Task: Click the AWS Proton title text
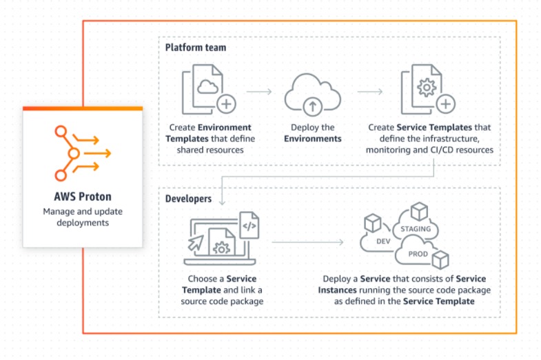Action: tap(82, 196)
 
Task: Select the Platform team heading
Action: tap(196, 48)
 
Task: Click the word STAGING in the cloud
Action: tap(415, 229)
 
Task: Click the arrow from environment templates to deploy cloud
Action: tap(259, 90)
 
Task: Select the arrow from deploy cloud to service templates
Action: tap(370, 90)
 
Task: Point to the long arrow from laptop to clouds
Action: tap(307, 242)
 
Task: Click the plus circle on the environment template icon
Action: tap(226, 105)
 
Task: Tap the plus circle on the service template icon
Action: tap(447, 105)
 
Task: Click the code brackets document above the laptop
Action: tap(249, 225)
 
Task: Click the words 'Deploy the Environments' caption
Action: tap(313, 133)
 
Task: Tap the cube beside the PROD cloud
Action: tap(440, 259)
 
